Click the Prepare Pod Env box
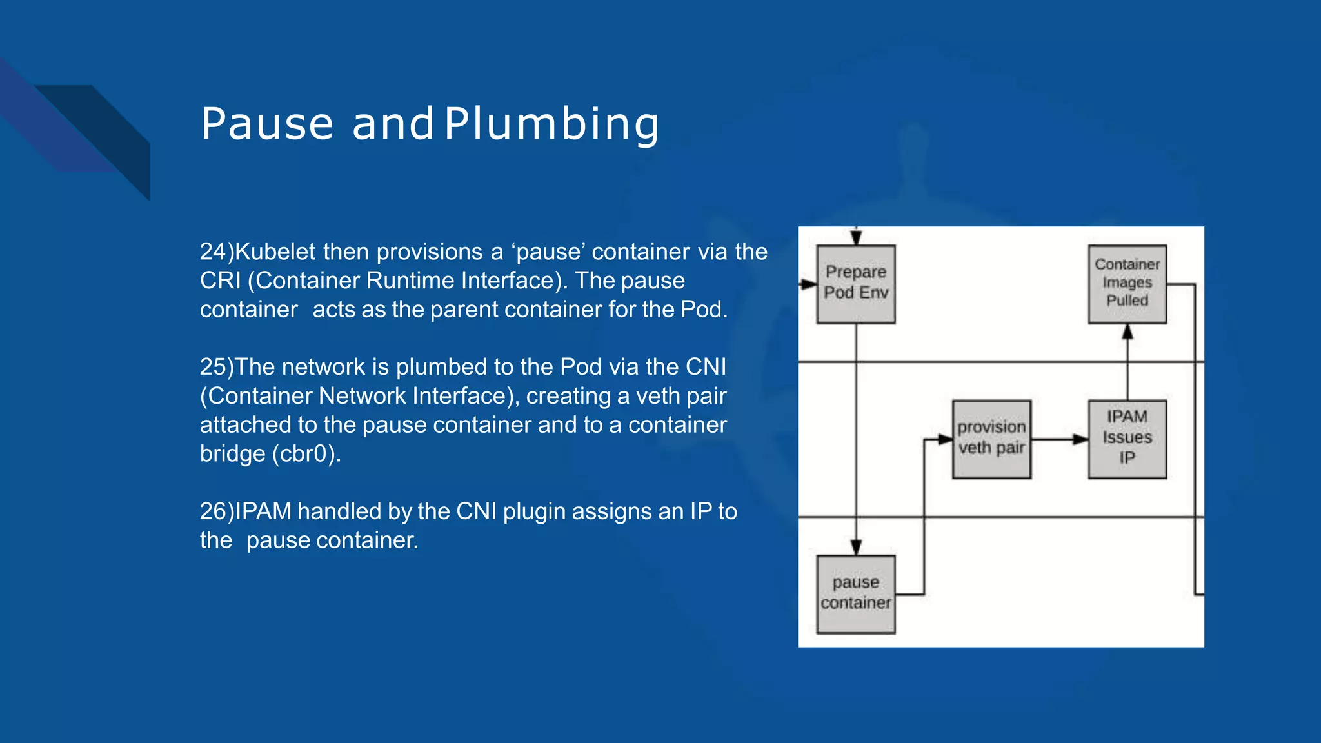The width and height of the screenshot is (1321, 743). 855,284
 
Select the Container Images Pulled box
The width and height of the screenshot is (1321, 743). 1127,284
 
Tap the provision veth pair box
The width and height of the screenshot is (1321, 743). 991,439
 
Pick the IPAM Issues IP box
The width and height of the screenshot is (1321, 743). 1127,439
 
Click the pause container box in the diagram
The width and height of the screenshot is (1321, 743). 855,594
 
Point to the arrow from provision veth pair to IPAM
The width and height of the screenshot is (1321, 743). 1058,439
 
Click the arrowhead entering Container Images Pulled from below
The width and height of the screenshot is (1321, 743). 1127,332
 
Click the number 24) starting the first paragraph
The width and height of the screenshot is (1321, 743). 217,252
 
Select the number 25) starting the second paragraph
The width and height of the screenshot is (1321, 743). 217,367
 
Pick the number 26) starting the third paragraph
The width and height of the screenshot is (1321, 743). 217,511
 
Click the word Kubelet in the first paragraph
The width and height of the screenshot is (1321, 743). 275,252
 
